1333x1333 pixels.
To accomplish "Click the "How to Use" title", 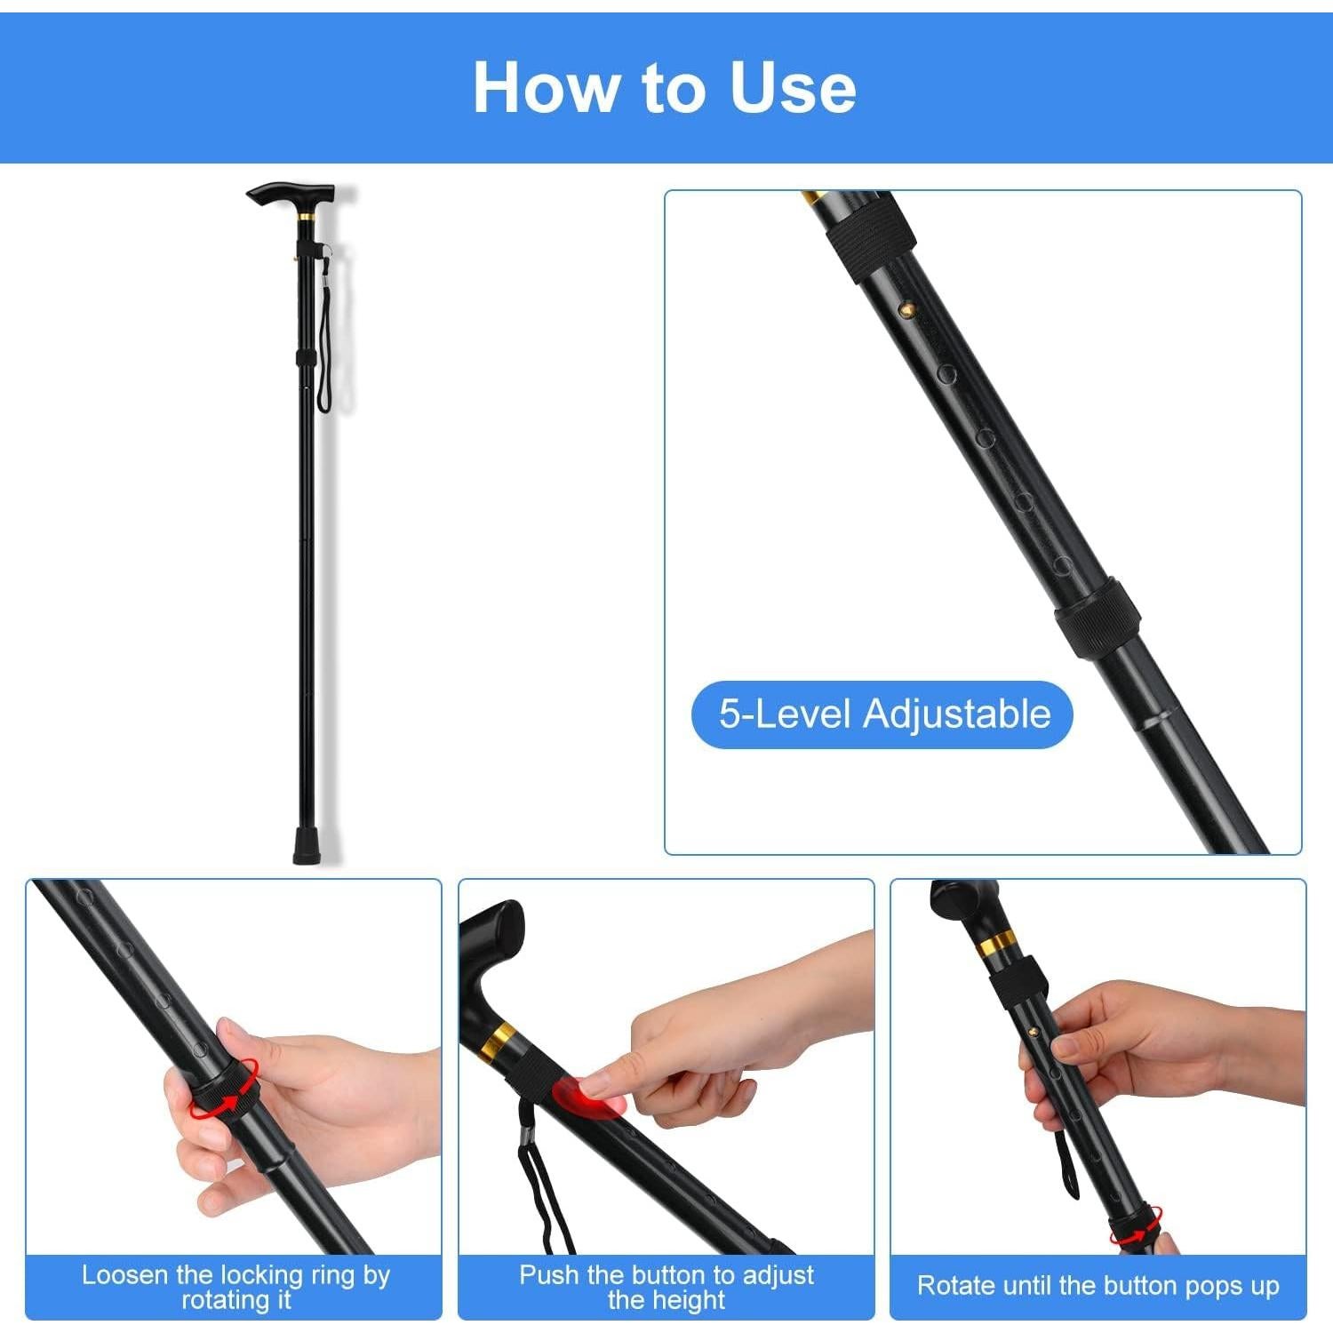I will [x=665, y=87].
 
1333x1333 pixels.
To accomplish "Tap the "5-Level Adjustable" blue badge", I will [x=882, y=714].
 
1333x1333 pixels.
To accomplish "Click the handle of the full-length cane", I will [x=291, y=193].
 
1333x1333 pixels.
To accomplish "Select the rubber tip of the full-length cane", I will [x=308, y=846].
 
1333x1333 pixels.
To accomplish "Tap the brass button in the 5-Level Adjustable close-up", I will [x=907, y=308].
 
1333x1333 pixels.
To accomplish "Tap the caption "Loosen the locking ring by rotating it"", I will [x=235, y=1287].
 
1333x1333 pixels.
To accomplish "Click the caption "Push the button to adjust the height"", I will [x=666, y=1287].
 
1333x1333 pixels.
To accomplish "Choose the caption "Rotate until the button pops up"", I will [x=1098, y=1286].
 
